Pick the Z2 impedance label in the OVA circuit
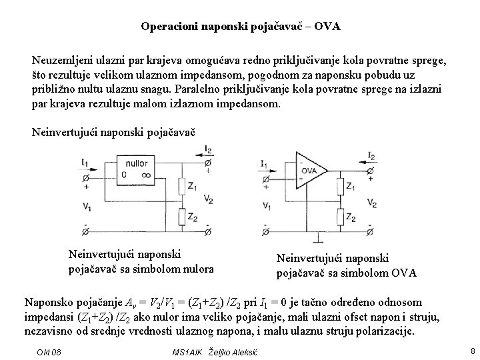click(359, 218)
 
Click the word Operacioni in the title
click(167, 27)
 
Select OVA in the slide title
click(327, 27)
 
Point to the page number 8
click(472, 351)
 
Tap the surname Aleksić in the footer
click(243, 351)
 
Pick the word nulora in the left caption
click(198, 269)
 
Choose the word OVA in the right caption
click(403, 273)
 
